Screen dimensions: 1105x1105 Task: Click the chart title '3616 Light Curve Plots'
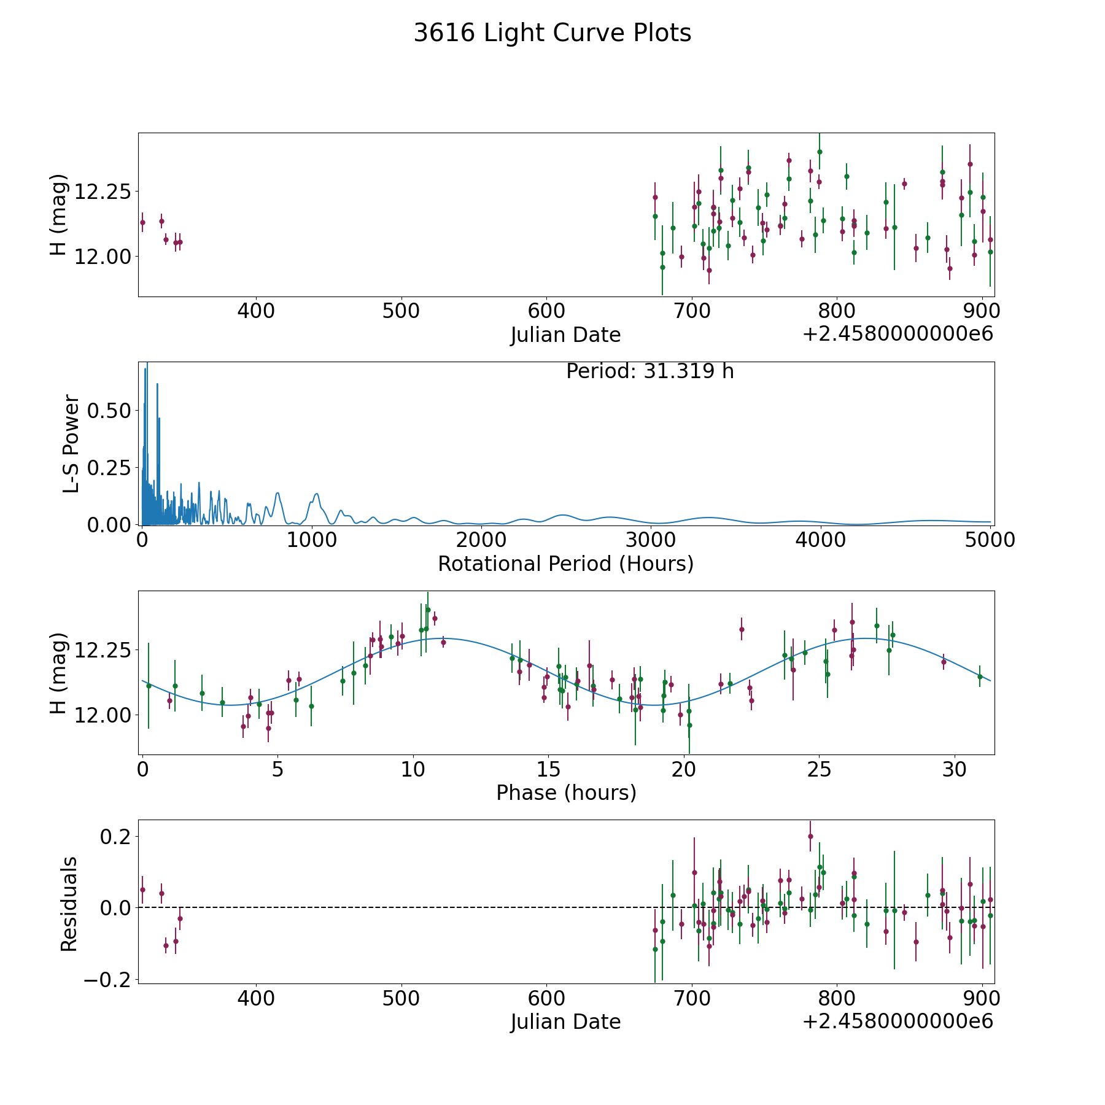click(552, 33)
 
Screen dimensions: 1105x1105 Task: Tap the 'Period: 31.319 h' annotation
click(649, 371)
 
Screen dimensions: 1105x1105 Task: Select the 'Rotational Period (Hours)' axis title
click(565, 564)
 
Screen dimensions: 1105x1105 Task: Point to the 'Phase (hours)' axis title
click(566, 793)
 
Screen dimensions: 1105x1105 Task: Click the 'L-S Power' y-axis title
click(71, 443)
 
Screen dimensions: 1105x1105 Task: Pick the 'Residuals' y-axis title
click(69, 904)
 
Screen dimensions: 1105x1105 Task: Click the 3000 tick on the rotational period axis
click(651, 540)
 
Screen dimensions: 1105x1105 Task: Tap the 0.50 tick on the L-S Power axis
click(109, 411)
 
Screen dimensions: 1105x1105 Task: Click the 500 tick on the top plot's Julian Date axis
click(401, 311)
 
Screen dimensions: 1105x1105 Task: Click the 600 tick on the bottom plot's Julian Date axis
click(546, 999)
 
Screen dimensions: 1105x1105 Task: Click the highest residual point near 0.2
click(810, 836)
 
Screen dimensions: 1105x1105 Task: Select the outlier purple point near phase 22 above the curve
click(742, 629)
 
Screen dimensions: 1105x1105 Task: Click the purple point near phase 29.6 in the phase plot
click(944, 662)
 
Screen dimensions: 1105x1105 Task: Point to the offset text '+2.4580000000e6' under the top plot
click(898, 335)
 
